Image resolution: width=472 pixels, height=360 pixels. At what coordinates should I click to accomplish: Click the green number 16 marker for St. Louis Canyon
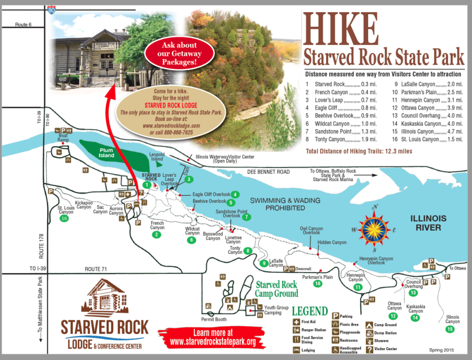point(64,218)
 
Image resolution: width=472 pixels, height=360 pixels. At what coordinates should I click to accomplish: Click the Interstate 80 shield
point(51,8)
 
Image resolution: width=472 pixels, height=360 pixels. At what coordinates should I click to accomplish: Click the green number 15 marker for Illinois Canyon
point(451,329)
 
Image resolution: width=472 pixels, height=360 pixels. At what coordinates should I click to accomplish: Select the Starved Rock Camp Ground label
point(277,289)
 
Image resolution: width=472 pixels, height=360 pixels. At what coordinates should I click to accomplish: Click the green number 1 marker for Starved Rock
point(148,185)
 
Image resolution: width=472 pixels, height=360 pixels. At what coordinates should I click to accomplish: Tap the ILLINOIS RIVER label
point(425,223)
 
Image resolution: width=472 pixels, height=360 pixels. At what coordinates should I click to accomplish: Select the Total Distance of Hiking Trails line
point(352,151)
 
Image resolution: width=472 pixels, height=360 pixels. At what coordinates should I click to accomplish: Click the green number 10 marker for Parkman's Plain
point(318,284)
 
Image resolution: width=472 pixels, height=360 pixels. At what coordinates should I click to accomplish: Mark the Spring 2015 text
point(441,350)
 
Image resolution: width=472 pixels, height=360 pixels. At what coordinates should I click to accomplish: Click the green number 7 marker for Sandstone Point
point(246,218)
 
